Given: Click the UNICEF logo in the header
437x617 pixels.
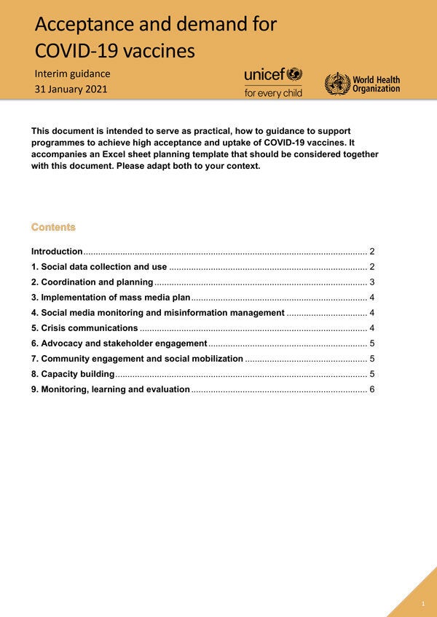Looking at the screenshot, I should point(272,75).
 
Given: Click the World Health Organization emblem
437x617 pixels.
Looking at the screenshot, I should point(336,84).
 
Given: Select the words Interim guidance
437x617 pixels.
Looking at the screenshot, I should point(72,73).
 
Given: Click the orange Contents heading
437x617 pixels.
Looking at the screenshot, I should point(53,227).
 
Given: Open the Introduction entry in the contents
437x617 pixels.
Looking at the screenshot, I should point(57,251).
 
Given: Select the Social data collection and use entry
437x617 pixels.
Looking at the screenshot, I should point(99,266).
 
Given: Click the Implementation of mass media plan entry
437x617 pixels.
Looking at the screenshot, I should point(111,297).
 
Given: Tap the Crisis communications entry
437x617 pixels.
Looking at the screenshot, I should point(84,327).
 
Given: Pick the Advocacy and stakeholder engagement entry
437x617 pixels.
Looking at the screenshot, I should point(119,343).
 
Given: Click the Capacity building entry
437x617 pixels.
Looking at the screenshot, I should point(73,374).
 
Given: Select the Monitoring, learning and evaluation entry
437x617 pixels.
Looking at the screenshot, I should point(111,389).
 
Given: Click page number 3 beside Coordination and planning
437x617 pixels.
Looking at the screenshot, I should point(371,282).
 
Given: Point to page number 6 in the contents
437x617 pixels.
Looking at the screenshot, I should point(371,389).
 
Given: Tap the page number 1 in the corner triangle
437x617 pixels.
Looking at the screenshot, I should point(423,604).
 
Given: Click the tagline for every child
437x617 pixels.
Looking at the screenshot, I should point(273,92).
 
